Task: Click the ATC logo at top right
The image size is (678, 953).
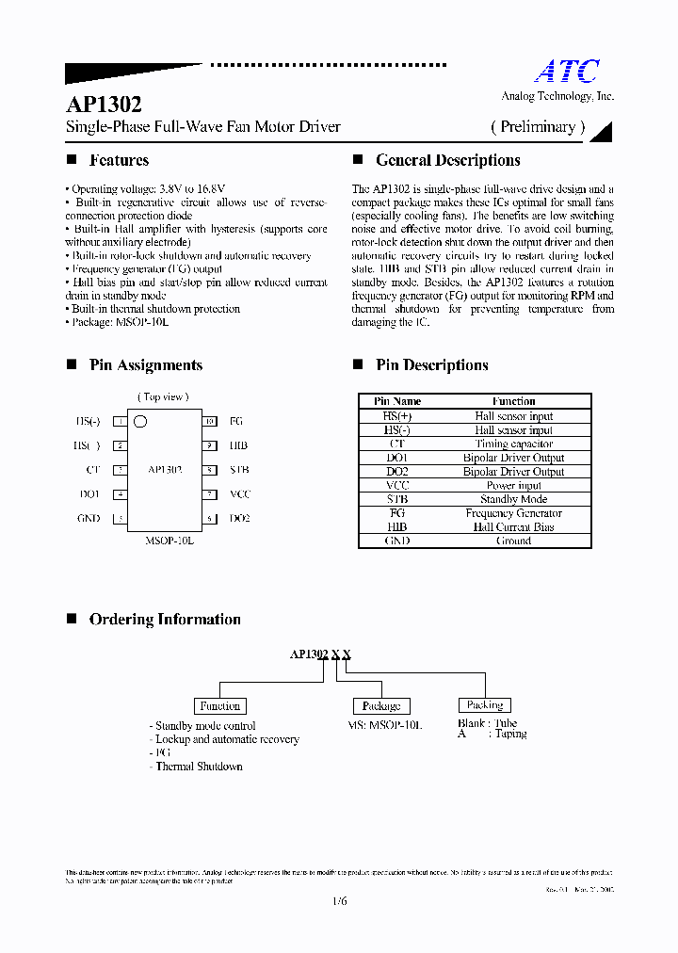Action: point(567,72)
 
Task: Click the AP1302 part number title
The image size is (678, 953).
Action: point(103,105)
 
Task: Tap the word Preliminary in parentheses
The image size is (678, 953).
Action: point(538,126)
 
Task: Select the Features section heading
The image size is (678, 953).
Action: point(119,160)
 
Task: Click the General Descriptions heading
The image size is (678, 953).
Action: point(447,160)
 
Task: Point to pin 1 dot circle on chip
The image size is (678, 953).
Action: point(140,421)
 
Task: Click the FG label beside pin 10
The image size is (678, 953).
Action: point(235,422)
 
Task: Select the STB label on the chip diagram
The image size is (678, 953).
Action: point(238,469)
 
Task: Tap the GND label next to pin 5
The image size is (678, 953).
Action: point(89,518)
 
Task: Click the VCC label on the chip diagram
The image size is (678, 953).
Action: point(240,493)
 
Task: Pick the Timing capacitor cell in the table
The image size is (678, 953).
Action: point(513,444)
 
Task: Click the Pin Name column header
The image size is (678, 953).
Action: point(397,401)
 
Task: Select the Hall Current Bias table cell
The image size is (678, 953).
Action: point(513,527)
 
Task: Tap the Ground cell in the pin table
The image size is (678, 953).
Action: point(513,541)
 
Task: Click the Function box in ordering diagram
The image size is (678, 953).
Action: point(219,705)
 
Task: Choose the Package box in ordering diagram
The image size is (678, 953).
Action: point(380,705)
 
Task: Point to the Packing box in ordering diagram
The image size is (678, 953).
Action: point(484,704)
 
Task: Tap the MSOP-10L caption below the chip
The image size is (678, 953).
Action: point(169,542)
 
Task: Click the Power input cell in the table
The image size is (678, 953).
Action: point(513,486)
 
